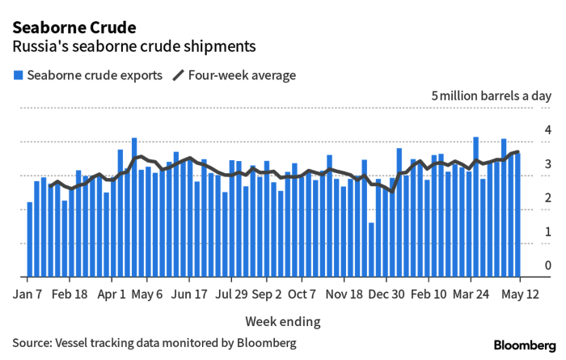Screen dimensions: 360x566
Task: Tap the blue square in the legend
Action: (x=17, y=75)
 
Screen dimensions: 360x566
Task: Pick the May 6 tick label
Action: (x=148, y=295)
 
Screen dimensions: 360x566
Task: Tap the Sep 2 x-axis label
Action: (x=267, y=295)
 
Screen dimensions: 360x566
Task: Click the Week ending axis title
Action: (x=282, y=321)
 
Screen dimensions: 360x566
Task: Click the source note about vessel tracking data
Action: (x=154, y=343)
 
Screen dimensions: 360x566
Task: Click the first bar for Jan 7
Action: (x=30, y=239)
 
